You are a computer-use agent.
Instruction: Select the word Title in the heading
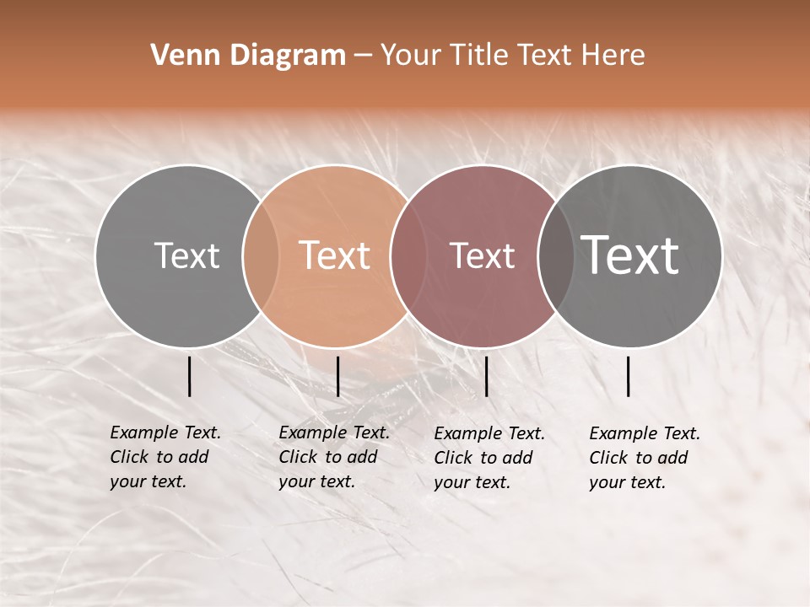click(478, 55)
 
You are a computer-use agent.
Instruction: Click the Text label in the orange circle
click(335, 255)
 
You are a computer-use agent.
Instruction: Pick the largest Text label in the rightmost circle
click(630, 255)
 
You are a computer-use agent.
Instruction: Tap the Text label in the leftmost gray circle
click(186, 255)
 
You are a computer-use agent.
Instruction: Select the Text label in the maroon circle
click(482, 255)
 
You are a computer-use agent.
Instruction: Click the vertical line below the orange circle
click(337, 376)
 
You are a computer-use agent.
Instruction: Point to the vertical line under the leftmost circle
click(189, 376)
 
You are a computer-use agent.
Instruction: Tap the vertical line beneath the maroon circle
click(486, 376)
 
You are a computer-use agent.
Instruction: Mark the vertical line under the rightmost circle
click(629, 376)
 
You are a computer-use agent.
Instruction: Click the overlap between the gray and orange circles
click(261, 256)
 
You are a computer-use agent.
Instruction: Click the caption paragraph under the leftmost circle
click(165, 457)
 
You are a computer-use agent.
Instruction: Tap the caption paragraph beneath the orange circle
click(334, 457)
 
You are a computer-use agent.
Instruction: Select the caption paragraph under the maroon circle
click(489, 458)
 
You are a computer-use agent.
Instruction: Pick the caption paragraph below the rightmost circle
click(645, 458)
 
